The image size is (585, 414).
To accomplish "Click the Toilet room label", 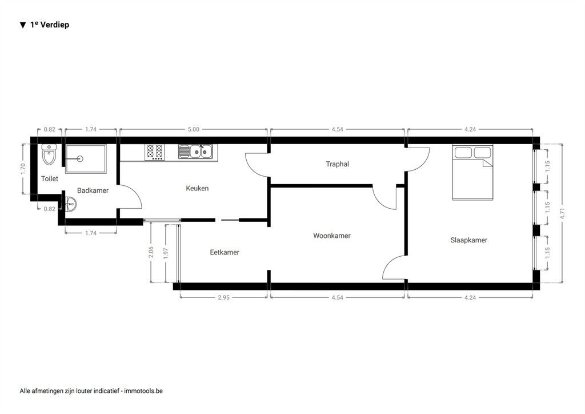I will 50,179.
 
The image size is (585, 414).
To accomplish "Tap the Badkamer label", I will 93,190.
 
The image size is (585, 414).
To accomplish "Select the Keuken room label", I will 197,188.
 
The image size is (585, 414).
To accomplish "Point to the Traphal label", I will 337,164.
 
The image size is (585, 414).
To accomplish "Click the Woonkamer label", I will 331,236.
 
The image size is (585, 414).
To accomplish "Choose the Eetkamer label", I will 224,252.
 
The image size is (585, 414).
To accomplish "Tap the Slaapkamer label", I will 468,240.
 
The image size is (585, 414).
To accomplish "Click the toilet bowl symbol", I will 49,154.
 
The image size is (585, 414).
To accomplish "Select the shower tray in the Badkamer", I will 85,158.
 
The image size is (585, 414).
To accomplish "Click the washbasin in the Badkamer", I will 70,204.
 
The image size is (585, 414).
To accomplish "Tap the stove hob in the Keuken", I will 154,152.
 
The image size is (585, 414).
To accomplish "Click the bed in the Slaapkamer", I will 472,172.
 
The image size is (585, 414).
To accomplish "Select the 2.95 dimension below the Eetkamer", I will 223,298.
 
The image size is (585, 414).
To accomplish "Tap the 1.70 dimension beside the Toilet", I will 22,169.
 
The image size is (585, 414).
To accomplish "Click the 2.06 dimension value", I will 151,252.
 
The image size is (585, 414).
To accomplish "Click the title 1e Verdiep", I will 49,25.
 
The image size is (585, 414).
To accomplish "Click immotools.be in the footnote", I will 143,391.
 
